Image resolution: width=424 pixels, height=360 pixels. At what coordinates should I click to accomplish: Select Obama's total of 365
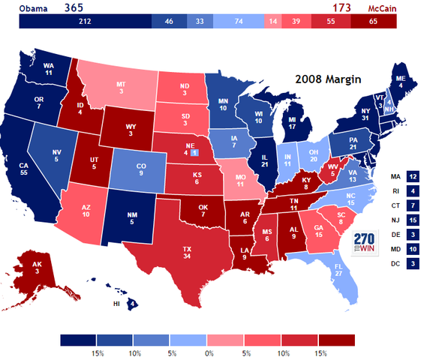[74, 7]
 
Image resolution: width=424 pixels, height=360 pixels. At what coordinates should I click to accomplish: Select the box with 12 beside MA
[413, 177]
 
